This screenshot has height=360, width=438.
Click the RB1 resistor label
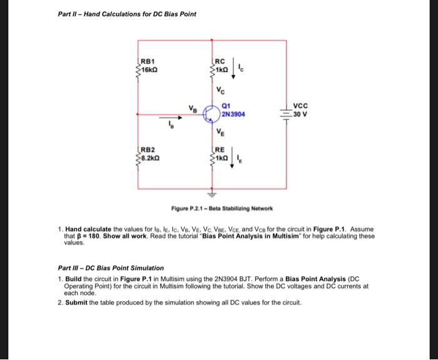(x=147, y=61)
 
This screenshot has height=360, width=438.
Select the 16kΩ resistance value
(x=150, y=69)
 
